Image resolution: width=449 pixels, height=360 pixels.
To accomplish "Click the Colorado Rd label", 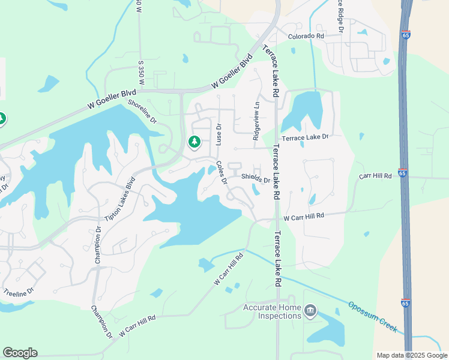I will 306,36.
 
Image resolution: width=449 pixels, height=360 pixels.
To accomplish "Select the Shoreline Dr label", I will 142,112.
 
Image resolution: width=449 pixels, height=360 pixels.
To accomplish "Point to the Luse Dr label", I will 219,135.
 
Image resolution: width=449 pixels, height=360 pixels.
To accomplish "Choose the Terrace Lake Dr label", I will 306,137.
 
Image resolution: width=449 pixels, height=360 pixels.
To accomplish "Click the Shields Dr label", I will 255,178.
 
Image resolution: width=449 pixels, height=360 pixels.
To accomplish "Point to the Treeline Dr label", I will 20,293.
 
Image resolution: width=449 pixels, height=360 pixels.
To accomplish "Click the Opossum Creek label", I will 373,317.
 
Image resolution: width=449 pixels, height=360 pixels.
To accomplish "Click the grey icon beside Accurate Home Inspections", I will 310,310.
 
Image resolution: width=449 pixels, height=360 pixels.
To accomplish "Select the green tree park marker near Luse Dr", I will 193,142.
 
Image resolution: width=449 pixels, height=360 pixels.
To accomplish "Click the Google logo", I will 20,353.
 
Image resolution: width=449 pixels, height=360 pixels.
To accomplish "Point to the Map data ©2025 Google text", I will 411,355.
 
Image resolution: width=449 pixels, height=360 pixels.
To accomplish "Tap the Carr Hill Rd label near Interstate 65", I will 375,176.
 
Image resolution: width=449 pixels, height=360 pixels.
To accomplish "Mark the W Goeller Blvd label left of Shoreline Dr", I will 112,98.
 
